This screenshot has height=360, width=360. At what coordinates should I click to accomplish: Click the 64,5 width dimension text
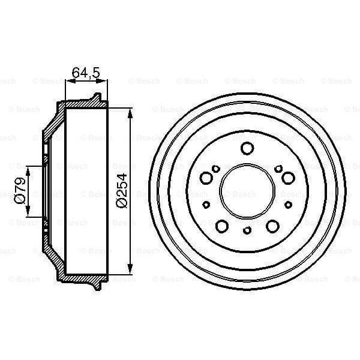point(85,73)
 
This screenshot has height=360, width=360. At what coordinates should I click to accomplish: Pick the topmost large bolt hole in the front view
point(246,149)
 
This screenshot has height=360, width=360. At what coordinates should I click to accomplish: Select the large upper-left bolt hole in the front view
point(206,178)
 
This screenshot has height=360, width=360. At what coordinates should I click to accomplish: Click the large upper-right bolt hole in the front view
point(287,178)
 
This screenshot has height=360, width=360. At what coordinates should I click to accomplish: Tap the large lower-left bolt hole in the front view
point(221,226)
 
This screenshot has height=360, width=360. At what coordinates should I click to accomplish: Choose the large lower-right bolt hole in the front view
point(271,226)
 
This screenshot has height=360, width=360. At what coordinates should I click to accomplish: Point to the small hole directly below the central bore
point(246,230)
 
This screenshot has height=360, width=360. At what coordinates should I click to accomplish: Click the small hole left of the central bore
point(206,204)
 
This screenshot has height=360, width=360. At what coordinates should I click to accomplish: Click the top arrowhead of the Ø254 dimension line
point(130,112)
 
